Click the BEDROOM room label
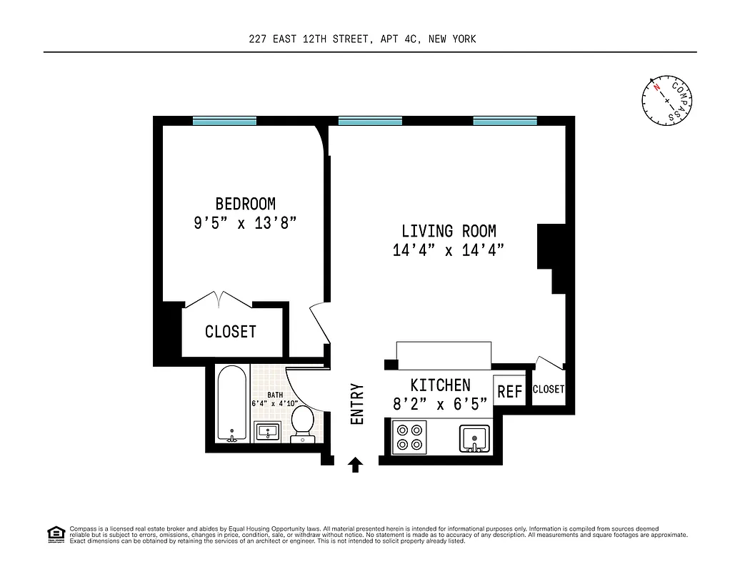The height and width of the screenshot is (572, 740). [245, 204]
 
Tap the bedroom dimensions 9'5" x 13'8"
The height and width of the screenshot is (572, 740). [245, 223]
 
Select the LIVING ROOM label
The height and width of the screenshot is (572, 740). [448, 231]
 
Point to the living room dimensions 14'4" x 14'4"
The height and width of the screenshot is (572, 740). [448, 250]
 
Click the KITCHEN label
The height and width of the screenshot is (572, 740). [440, 385]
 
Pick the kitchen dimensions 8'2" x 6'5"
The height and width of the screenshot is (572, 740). [440, 404]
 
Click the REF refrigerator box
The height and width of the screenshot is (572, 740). [509, 392]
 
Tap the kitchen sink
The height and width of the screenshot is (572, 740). [474, 438]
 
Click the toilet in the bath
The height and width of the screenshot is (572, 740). [302, 423]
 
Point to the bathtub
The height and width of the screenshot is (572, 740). [231, 405]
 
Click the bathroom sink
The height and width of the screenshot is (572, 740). [270, 432]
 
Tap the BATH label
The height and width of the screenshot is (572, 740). [275, 395]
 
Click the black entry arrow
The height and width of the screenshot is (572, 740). [355, 465]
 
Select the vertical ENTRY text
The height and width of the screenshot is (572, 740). [357, 405]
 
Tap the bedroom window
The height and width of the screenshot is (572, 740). [224, 121]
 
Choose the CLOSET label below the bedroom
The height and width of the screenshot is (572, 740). [230, 332]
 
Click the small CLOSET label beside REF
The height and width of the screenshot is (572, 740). [548, 390]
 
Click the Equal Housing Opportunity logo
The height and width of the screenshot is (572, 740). [55, 533]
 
